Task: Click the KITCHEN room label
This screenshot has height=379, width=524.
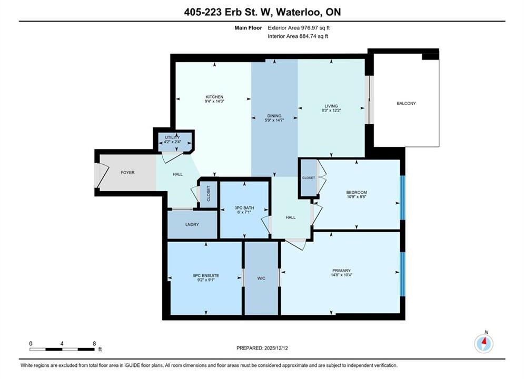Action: (x=214, y=97)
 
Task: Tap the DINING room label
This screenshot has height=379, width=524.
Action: (x=274, y=116)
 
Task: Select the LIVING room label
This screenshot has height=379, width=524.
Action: (x=331, y=106)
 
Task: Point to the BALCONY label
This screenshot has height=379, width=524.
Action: (x=407, y=104)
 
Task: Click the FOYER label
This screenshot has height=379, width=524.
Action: (x=127, y=173)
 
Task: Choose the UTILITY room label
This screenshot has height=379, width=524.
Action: (x=172, y=137)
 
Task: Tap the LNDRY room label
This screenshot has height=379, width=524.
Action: (x=192, y=225)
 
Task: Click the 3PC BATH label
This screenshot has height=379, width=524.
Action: (x=244, y=208)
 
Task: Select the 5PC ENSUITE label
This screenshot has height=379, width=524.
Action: (x=206, y=275)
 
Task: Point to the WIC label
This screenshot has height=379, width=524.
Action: (x=261, y=278)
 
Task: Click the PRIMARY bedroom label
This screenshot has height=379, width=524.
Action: (x=342, y=271)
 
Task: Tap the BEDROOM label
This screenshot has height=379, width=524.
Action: (x=357, y=192)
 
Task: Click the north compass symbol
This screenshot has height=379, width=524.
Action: (x=483, y=343)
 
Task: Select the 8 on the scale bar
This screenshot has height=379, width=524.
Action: (x=94, y=344)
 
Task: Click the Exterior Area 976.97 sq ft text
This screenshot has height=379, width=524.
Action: (x=299, y=28)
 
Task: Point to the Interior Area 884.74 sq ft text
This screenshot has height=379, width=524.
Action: (x=298, y=36)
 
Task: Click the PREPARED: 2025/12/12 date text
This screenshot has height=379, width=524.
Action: (x=262, y=348)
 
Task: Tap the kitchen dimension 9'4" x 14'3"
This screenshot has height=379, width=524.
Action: (x=214, y=101)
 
